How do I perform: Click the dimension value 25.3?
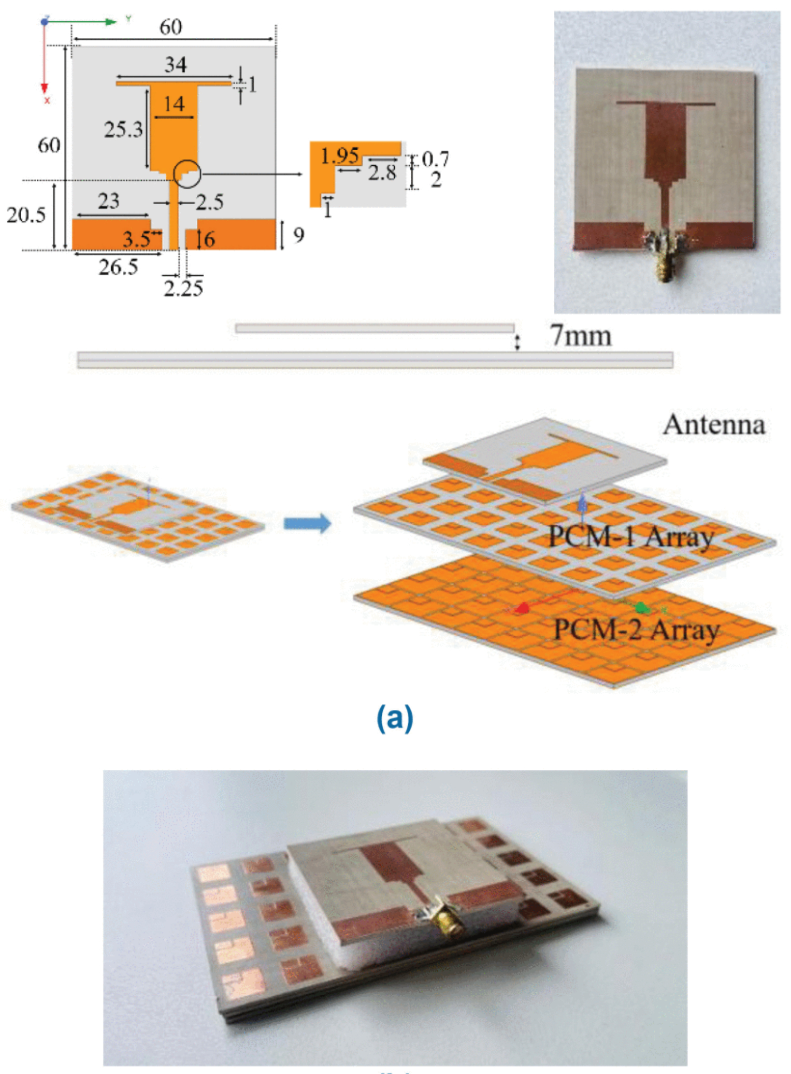[123, 129]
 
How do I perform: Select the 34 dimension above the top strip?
[176, 65]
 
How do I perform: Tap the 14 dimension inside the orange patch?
[174, 104]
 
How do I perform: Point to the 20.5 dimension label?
[26, 214]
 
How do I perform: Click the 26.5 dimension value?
[119, 267]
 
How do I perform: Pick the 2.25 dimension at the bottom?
[183, 289]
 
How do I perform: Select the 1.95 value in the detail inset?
[340, 155]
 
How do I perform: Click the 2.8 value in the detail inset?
[382, 173]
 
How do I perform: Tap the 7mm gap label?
[581, 336]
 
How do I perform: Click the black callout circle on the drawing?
[186, 174]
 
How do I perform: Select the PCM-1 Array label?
[630, 536]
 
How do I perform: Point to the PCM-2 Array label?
[637, 629]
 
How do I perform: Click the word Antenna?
[714, 424]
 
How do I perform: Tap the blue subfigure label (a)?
[395, 718]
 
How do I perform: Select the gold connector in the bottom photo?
[449, 924]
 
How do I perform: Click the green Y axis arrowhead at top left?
[110, 22]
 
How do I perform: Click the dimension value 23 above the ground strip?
[108, 201]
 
